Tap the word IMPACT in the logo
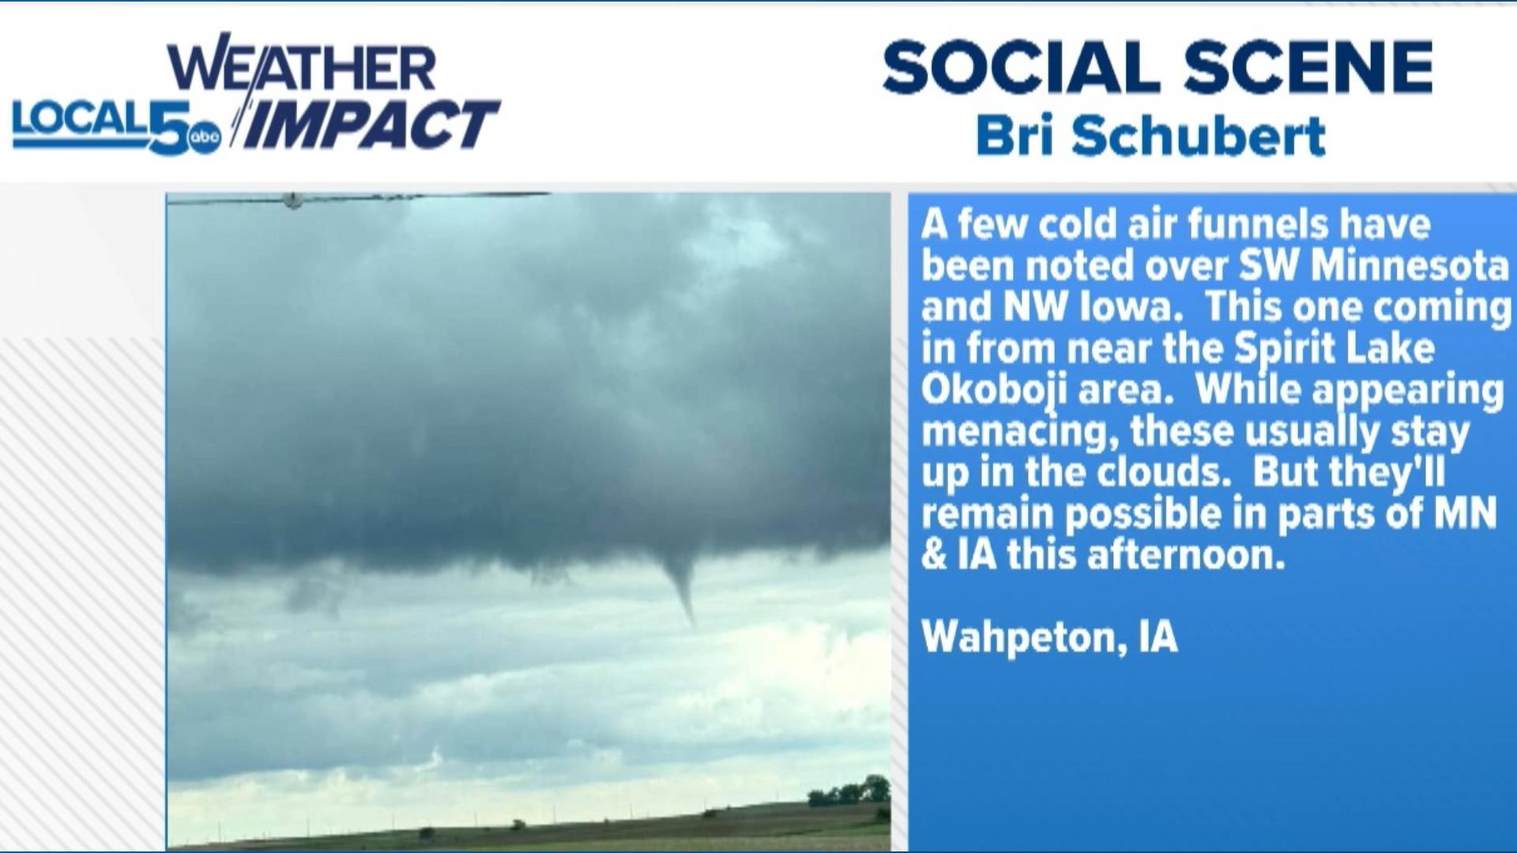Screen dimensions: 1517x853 click(x=371, y=125)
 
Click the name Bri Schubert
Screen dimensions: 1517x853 click(x=1150, y=135)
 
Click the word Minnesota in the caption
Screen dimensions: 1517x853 click(x=1410, y=265)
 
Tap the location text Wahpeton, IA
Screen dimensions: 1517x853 click(x=1049, y=637)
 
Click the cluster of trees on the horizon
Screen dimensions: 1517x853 click(x=849, y=791)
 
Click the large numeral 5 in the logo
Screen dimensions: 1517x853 click(x=168, y=126)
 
